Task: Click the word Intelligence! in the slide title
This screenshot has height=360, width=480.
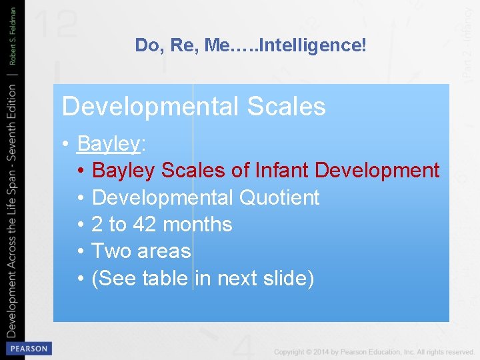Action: (313, 45)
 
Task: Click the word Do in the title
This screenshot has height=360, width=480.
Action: (145, 45)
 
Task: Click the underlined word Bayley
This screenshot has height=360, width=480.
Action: (109, 143)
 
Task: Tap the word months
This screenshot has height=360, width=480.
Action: (197, 225)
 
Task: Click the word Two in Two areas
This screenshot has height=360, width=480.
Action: (111, 251)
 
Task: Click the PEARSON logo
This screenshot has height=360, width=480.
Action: (28, 348)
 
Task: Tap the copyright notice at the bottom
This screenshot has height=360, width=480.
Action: (373, 351)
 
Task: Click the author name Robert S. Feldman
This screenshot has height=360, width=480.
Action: (13, 40)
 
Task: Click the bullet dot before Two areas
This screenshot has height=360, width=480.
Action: (80, 251)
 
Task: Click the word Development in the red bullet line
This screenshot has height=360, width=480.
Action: (377, 171)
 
